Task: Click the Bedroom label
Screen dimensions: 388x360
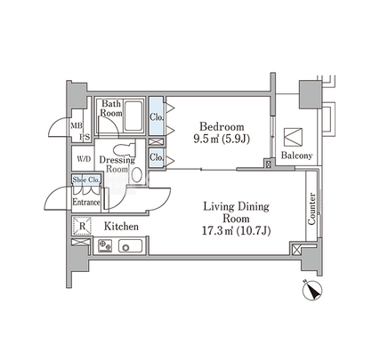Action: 222,127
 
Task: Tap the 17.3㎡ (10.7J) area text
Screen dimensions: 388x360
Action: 236,230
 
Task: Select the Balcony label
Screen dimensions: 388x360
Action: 296,156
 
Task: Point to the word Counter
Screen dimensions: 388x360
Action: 311,209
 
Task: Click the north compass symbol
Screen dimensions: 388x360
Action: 312,290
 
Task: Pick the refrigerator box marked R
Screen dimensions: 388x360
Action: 83,226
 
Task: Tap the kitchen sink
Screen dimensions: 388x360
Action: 130,246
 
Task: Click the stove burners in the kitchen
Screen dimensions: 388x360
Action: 105,246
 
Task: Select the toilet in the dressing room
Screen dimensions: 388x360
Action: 125,149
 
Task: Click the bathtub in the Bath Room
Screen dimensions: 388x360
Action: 133,116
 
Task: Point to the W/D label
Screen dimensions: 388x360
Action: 84,159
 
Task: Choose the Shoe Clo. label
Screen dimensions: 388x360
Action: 86,180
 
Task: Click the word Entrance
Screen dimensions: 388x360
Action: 86,203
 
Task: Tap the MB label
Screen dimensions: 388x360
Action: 77,125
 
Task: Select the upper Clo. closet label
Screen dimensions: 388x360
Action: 157,117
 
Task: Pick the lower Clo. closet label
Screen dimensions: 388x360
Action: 157,157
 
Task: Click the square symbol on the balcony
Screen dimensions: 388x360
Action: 293,137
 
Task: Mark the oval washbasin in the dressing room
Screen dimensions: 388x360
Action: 136,175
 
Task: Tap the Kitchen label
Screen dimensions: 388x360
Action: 121,227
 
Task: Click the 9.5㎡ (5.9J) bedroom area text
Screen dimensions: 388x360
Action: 222,139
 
